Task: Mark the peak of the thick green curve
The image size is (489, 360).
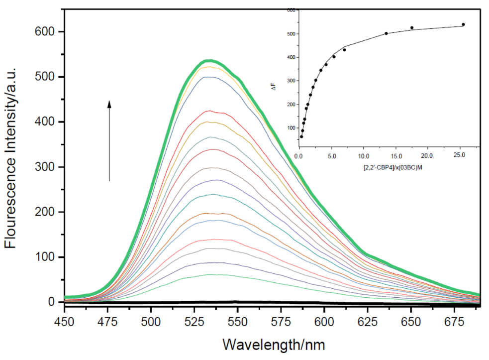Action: click(210, 61)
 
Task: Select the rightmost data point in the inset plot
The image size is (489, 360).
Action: click(463, 24)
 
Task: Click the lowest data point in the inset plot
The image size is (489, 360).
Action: click(301, 136)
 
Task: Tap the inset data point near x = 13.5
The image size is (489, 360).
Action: click(387, 33)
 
